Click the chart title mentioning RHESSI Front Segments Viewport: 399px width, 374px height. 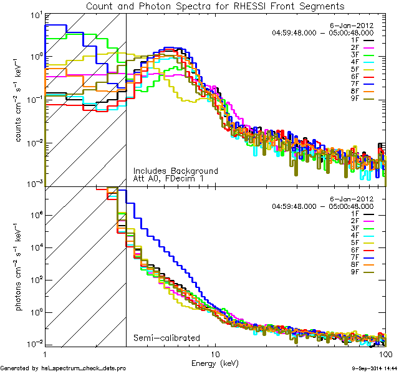pos(215,6)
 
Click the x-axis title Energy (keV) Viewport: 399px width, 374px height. pos(215,363)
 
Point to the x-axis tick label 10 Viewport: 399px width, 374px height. pos(215,353)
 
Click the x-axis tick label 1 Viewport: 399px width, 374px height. pos(45,353)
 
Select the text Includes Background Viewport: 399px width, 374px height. pos(175,171)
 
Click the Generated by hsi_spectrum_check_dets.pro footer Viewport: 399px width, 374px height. pos(64,369)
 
